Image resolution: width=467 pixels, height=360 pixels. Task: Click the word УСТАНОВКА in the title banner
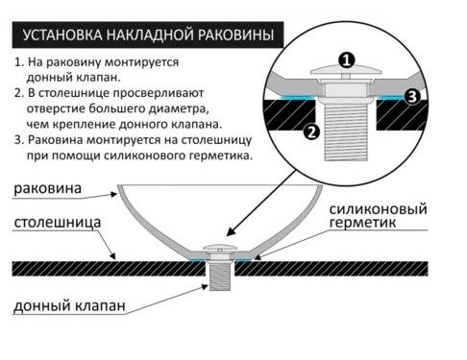point(54,36)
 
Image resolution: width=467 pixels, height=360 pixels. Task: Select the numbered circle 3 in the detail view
point(412,96)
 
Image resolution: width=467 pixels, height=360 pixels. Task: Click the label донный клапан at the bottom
point(68,308)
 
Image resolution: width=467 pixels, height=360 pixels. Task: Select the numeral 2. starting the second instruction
point(19,93)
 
